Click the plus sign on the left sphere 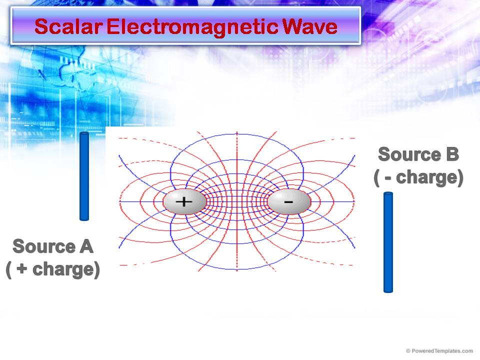point(184,201)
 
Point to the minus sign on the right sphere point(288,201)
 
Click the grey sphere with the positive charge point(184,202)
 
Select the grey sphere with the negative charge point(289,202)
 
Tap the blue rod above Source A point(84,176)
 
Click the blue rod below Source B point(388,242)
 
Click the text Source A point(53,246)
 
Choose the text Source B point(418,154)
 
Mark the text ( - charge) point(418,177)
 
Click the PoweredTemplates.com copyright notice point(439,351)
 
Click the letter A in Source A point(85,246)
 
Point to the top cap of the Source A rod point(84,134)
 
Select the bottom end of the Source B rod point(388,289)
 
